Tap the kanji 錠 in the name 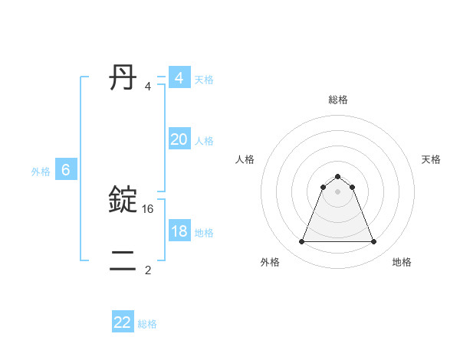pyautogui.click(x=123, y=199)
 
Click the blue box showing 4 pyautogui.click(x=179, y=78)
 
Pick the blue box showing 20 pyautogui.click(x=179, y=139)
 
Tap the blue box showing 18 pyautogui.click(x=179, y=231)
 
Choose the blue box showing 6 pyautogui.click(x=66, y=170)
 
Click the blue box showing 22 pyautogui.click(x=123, y=322)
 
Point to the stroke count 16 pyautogui.click(x=149, y=208)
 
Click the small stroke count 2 pyautogui.click(x=148, y=270)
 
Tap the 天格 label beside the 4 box pyautogui.click(x=204, y=80)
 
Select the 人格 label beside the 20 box pyautogui.click(x=204, y=141)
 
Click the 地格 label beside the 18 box pyautogui.click(x=204, y=233)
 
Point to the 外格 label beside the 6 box pyautogui.click(x=41, y=172)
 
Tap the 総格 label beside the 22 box pyautogui.click(x=147, y=324)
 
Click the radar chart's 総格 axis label pyautogui.click(x=338, y=100)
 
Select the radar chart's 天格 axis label pyautogui.click(x=431, y=159)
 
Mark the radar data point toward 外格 pyautogui.click(x=301, y=242)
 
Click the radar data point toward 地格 pyautogui.click(x=374, y=242)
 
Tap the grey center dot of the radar pyautogui.click(x=338, y=191)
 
